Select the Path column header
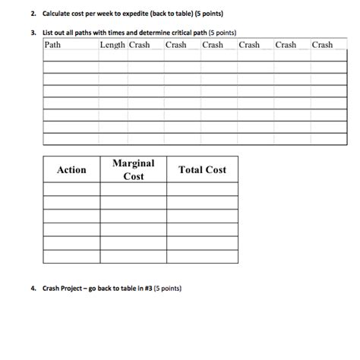tap(53, 45)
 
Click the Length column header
tap(112, 45)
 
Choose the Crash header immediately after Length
tap(140, 45)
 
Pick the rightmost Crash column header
tap(322, 45)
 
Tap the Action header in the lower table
tap(71, 170)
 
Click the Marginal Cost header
tap(133, 170)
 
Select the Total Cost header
tap(202, 170)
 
